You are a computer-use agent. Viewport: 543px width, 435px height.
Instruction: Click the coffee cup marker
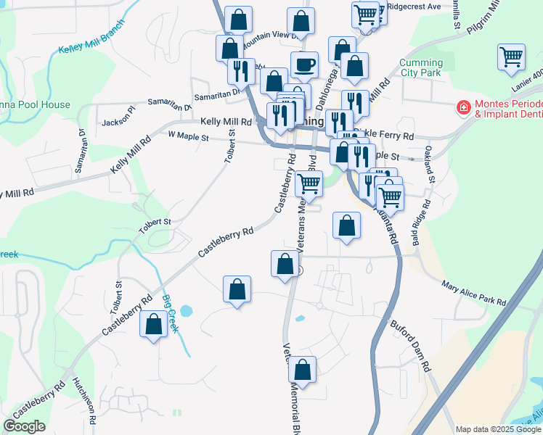coord(304,65)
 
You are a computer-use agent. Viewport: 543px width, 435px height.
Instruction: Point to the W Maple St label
coord(188,136)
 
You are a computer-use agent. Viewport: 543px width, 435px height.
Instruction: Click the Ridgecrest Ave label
coord(414,6)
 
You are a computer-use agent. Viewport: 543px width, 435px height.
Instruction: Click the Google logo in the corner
coord(24,426)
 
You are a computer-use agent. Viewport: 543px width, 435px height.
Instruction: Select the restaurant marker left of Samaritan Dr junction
coord(240,71)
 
